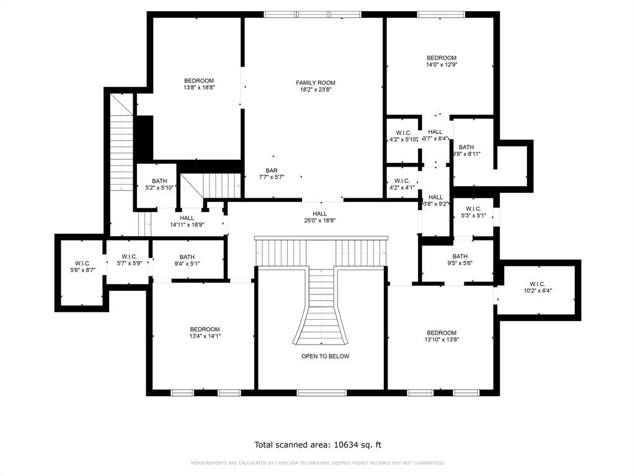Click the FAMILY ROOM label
315,82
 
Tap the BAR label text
272,170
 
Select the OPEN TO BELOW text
325,356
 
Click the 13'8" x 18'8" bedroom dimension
198,88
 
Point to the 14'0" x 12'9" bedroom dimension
441,64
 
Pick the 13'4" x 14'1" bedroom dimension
205,336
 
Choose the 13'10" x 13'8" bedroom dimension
441,340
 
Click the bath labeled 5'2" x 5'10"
159,188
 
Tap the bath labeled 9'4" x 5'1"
187,263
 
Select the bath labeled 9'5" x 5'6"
460,263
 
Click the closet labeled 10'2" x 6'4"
537,290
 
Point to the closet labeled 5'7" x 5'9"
129,263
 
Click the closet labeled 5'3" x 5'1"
473,216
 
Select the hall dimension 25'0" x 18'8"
320,221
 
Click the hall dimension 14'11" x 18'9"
187,225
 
